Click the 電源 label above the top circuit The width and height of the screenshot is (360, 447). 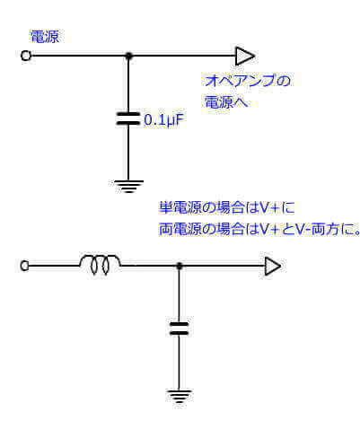(46, 37)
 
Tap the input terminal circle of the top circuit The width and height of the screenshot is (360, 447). (25, 56)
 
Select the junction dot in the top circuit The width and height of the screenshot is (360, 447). (129, 56)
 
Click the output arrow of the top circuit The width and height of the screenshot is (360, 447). (244, 56)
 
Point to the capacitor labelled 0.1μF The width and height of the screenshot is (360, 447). (129, 117)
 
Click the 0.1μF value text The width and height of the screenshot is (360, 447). (163, 118)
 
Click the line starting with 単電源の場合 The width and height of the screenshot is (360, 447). (219, 207)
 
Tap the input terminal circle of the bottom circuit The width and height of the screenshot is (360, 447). (25, 266)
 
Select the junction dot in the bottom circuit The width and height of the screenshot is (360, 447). (180, 266)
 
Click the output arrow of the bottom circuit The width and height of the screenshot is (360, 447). (272, 266)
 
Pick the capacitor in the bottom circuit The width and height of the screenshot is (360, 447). (180, 328)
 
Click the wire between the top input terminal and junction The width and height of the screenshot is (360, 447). (76, 56)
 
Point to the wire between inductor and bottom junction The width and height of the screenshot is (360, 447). (149, 266)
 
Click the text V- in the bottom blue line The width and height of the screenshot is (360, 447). (302, 229)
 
